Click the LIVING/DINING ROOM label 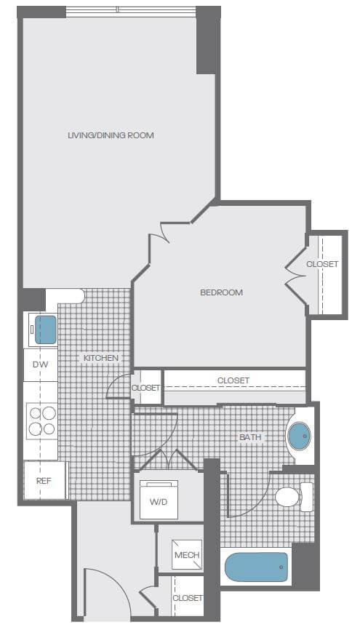111,135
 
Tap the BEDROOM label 221,292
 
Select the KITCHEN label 101,358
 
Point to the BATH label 250,436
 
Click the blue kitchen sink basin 45,330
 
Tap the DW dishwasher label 40,364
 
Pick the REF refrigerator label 44,481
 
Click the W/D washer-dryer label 159,502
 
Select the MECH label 187,555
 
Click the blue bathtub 256,567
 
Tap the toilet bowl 287,497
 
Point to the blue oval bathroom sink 300,436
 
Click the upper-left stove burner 36,413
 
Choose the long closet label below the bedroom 233,380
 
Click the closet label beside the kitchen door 146,388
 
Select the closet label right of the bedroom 322,264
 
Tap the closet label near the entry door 188,598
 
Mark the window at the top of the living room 131,11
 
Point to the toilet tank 307,497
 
